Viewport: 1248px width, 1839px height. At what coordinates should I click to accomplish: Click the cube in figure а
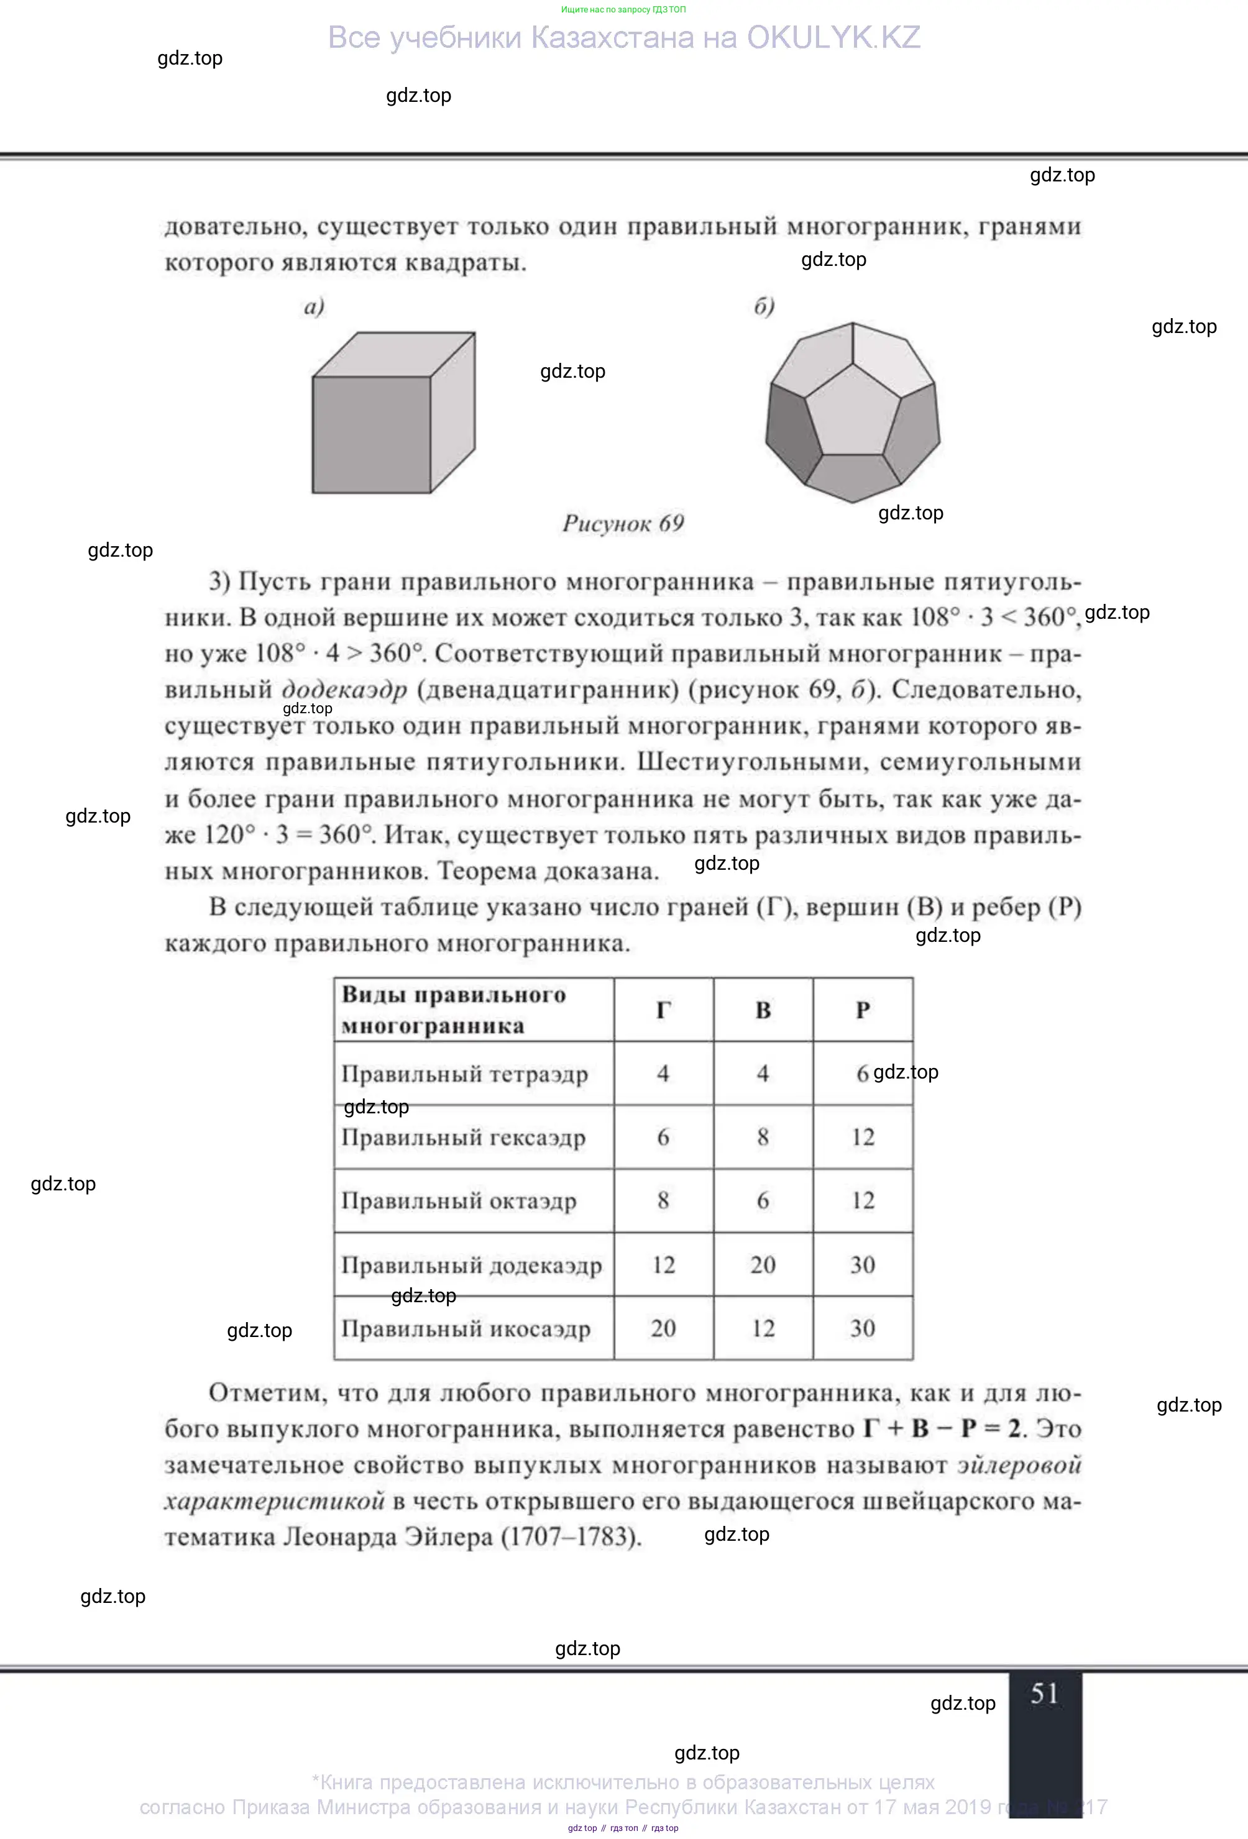point(393,413)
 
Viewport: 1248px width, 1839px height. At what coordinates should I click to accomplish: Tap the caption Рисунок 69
point(623,524)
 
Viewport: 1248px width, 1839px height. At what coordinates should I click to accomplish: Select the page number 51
point(1044,1694)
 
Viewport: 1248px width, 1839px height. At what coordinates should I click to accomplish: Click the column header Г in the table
point(663,1010)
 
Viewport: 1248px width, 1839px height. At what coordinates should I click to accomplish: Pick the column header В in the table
point(763,1010)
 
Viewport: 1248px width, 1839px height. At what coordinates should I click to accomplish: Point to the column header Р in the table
point(863,1010)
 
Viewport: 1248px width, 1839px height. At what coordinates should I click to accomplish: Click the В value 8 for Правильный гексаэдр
point(763,1137)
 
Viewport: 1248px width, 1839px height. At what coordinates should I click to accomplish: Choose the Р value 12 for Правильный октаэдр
point(863,1200)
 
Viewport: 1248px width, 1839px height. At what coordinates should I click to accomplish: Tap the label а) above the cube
point(314,307)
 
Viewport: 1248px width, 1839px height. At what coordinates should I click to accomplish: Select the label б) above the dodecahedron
point(764,306)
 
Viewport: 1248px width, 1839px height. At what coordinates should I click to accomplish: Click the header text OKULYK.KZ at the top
point(833,38)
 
